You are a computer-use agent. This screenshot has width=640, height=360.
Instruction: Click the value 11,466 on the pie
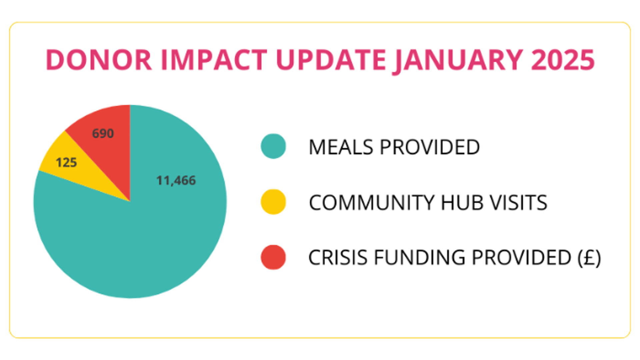[x=176, y=181]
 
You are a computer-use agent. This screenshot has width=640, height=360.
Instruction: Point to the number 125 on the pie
[x=66, y=163]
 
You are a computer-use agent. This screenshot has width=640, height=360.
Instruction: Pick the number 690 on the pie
[x=103, y=134]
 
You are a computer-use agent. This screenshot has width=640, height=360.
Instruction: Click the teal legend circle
[x=273, y=146]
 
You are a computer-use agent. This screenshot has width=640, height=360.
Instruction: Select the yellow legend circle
[x=273, y=202]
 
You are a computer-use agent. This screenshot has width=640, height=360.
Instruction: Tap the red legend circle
[x=273, y=257]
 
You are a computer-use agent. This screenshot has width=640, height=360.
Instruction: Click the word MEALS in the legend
[x=341, y=147]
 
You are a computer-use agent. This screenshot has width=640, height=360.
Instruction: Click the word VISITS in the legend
[x=518, y=203]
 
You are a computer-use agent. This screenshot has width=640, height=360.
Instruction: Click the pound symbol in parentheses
[x=590, y=258]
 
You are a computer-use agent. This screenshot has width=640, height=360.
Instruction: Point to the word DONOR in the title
[x=99, y=60]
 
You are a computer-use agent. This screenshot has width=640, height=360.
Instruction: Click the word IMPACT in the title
[x=214, y=60]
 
